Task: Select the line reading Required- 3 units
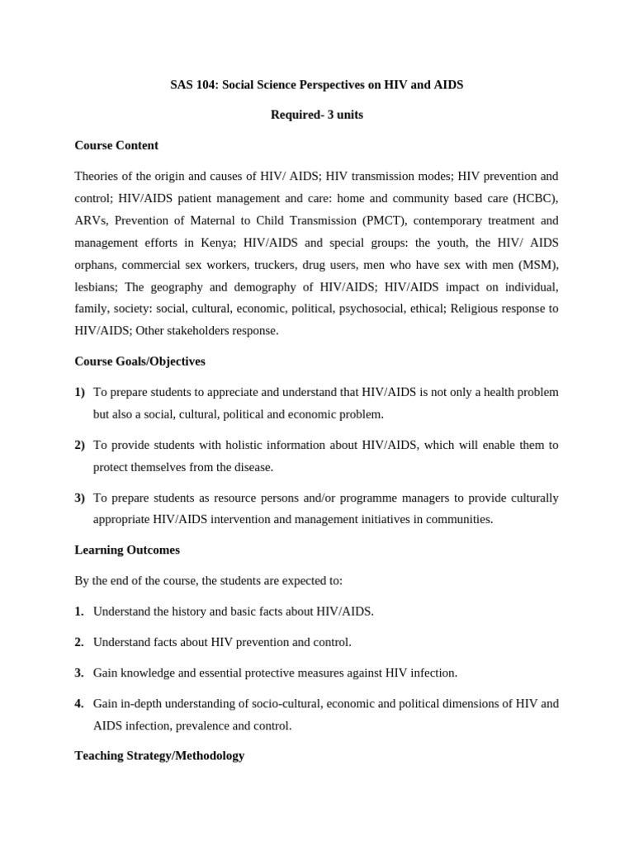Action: [317, 115]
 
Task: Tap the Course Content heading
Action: [116, 145]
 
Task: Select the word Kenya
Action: [240, 243]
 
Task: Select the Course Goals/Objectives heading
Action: [140, 361]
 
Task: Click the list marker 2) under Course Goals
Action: [80, 445]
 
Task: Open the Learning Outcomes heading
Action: [127, 550]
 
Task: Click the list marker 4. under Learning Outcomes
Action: [79, 704]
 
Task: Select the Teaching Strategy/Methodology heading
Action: [159, 755]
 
